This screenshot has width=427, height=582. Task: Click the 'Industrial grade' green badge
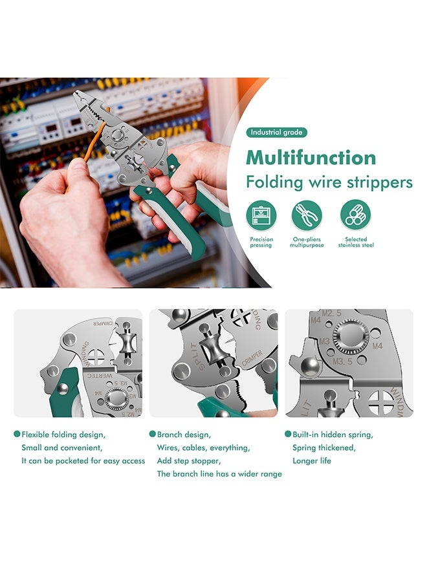(x=276, y=133)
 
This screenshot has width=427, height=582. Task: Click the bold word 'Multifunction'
(x=311, y=158)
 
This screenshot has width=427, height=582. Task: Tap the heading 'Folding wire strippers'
(x=329, y=182)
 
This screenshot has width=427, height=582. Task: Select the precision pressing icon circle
(x=261, y=215)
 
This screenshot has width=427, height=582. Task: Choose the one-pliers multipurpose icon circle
(x=307, y=215)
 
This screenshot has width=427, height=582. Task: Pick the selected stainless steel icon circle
(x=356, y=215)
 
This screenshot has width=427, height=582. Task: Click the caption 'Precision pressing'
(x=261, y=242)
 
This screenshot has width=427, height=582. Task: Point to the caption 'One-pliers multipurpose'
(x=307, y=242)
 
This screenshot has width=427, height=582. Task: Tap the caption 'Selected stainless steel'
(x=356, y=242)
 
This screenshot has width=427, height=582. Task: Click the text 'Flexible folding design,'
(x=63, y=435)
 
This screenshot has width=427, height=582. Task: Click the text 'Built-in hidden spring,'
(x=333, y=435)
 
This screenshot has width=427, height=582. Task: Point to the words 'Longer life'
(x=312, y=460)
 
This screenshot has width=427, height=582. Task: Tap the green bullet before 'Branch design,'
(x=153, y=435)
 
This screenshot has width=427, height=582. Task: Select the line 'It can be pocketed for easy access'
(x=83, y=460)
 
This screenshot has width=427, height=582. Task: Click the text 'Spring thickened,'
(x=324, y=447)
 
